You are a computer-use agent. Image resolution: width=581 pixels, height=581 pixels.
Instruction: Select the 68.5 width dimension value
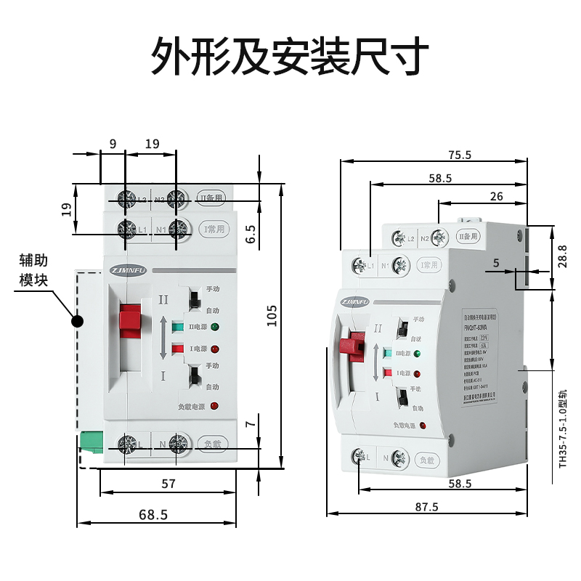click(x=153, y=514)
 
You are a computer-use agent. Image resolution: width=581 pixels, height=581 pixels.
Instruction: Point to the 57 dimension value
click(x=168, y=483)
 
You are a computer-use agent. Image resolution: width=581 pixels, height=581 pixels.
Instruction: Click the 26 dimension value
click(x=497, y=196)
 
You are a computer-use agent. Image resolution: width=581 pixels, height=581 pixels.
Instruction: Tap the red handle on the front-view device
click(x=130, y=320)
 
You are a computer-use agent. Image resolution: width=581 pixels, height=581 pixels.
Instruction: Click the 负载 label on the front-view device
click(x=213, y=442)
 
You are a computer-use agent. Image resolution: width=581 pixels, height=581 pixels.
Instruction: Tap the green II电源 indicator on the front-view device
click(x=216, y=328)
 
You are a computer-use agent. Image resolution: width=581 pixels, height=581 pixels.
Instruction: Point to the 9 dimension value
click(x=113, y=144)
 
